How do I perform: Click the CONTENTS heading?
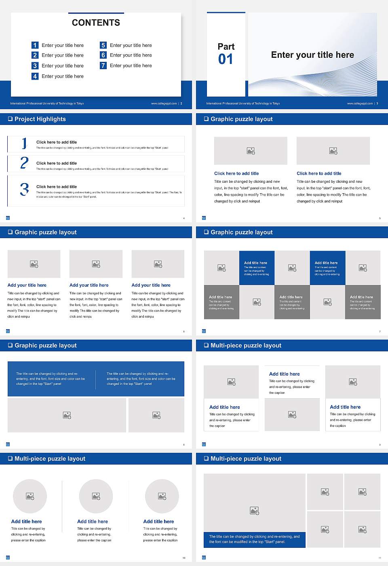tap(96, 23)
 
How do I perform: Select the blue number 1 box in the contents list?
tap(35, 45)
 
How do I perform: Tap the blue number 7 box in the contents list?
tap(103, 65)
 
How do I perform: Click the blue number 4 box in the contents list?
tap(35, 76)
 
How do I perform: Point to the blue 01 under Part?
tap(226, 59)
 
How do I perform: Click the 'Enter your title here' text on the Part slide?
tap(312, 55)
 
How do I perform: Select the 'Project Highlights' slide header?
tap(40, 119)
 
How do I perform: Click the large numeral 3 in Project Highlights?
tap(24, 189)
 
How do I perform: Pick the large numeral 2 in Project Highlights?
tap(24, 163)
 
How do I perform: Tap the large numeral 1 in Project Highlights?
tap(24, 143)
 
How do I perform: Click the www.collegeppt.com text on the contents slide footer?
tap(164, 103)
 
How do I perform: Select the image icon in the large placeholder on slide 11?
tap(254, 511)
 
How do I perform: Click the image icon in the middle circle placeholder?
tap(96, 496)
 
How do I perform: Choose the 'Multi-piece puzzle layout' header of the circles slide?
tap(50, 459)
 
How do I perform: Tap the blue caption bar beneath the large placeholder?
tap(254, 539)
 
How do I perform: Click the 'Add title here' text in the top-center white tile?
tap(284, 374)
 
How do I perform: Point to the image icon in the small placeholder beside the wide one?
tap(156, 415)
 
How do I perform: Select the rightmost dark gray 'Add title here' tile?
tap(363, 302)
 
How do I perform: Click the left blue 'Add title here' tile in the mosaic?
tap(257, 268)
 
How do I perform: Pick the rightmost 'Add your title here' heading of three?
tap(151, 285)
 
